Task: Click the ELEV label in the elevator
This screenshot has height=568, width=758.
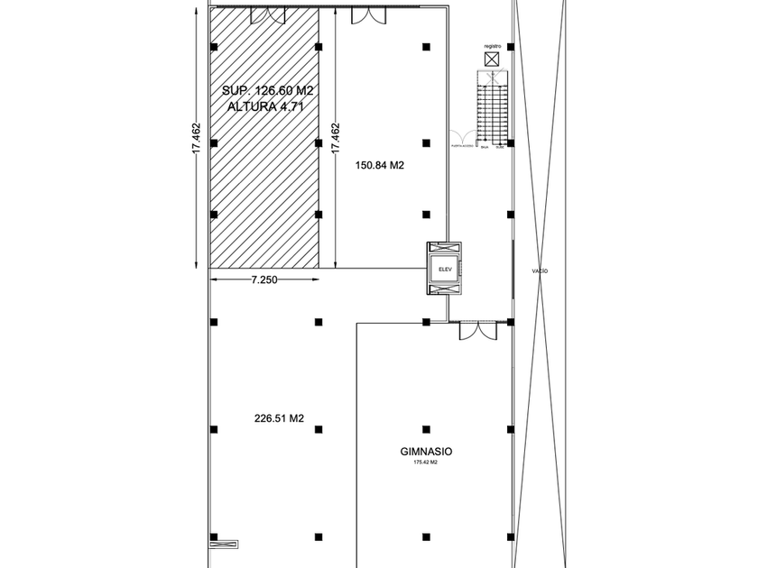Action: coord(443,269)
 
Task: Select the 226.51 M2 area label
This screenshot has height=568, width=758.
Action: coord(279,417)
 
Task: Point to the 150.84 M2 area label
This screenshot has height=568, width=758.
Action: coord(379,165)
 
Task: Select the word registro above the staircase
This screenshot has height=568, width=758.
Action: coord(492,45)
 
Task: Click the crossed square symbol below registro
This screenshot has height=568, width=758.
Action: coord(492,60)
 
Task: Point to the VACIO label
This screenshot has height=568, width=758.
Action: coord(541,270)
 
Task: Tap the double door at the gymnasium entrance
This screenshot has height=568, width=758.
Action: coord(477,331)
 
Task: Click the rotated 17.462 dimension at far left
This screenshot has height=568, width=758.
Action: coord(196,140)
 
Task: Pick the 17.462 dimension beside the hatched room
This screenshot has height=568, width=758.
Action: coord(336,140)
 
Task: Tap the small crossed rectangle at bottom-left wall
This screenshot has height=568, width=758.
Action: coord(225,544)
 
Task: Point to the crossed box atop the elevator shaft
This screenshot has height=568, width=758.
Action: coord(443,249)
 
